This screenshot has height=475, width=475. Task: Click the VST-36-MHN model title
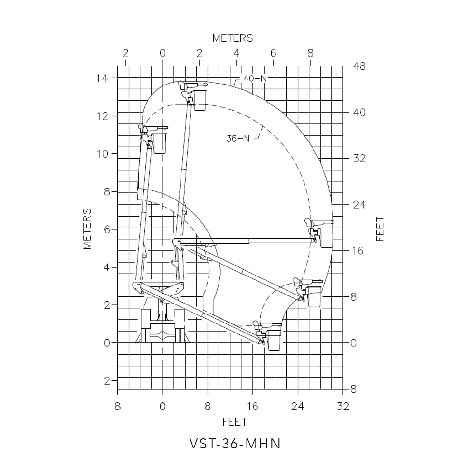(x=235, y=444)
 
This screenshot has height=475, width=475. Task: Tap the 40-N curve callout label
(x=255, y=78)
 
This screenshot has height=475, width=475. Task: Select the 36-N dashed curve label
(x=238, y=138)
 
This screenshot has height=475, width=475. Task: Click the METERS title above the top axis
(x=232, y=38)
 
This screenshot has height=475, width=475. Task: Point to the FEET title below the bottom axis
(x=235, y=422)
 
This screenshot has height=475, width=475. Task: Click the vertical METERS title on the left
(x=87, y=228)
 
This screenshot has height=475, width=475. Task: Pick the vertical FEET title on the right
(x=380, y=229)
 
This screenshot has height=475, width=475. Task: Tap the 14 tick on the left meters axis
(x=102, y=78)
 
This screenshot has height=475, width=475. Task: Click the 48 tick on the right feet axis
(x=359, y=66)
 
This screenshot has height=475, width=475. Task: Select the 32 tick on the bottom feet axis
(x=343, y=406)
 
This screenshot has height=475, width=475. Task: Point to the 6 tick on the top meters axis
(x=273, y=53)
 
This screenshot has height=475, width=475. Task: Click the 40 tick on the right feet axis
(x=359, y=113)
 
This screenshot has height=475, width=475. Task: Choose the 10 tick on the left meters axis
(x=102, y=154)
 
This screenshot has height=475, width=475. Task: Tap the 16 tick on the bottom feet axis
(x=253, y=406)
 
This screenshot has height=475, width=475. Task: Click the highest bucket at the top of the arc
(x=199, y=100)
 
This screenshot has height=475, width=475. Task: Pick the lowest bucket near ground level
(x=274, y=340)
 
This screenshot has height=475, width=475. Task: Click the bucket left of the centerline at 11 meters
(x=160, y=143)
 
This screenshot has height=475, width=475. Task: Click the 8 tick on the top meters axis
(x=310, y=53)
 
